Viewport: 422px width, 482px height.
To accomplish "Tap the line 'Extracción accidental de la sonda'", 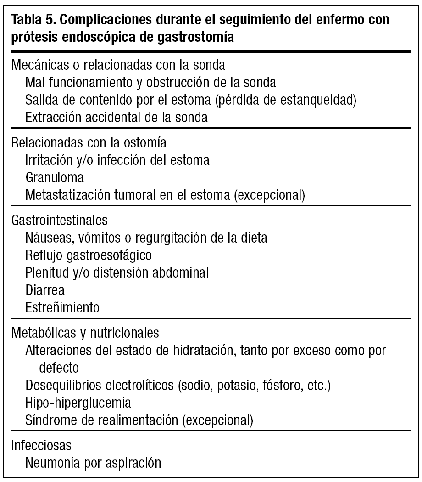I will [x=117, y=117].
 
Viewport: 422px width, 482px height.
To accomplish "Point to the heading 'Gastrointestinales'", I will [x=59, y=220].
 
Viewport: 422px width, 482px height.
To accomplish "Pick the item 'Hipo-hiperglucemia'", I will [x=78, y=403].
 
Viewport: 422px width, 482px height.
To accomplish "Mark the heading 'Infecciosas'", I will [x=42, y=446].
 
